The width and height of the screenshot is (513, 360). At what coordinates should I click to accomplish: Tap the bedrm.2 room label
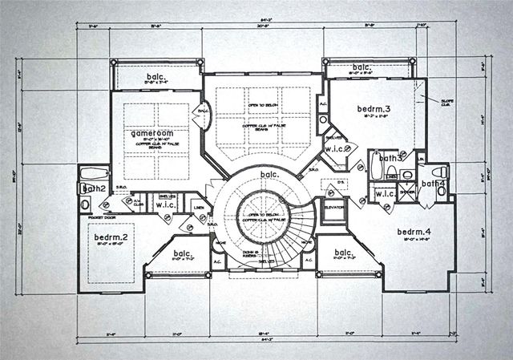111,238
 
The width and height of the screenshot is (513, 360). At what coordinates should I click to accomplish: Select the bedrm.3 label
353,108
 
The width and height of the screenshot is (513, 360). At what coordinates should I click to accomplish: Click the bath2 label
95,188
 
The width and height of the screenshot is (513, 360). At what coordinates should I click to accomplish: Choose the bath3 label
391,159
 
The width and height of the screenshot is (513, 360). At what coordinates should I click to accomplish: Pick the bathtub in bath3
378,165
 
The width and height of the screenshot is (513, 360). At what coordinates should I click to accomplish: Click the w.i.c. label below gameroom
168,205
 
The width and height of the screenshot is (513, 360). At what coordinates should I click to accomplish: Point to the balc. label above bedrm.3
361,67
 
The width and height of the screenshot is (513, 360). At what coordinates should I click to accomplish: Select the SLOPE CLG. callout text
446,103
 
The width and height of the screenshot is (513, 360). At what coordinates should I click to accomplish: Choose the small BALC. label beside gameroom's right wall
203,111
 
